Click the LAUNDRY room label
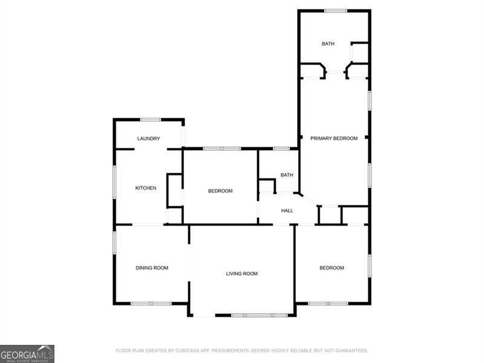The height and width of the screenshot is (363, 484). [x=148, y=139]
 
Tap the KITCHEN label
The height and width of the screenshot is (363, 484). [x=145, y=188]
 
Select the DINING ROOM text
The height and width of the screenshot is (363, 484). [x=151, y=267]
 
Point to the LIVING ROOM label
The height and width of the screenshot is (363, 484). [x=242, y=273]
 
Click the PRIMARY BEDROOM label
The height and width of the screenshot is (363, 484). [x=334, y=139]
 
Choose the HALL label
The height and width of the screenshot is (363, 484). [x=287, y=211]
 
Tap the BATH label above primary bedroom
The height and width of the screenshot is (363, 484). [x=328, y=44]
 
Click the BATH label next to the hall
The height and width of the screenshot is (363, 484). [x=287, y=175]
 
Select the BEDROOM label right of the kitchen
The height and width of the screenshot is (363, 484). [x=220, y=191]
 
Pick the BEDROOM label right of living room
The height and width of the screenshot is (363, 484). [x=332, y=267]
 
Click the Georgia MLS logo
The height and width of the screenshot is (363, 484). [x=27, y=353]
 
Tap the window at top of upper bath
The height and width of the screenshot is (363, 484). [x=336, y=10]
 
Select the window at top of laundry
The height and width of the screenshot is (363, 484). [x=151, y=119]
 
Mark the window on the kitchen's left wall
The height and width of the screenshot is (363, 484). [x=114, y=181]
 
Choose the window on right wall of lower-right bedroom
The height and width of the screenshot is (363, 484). [x=369, y=266]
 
